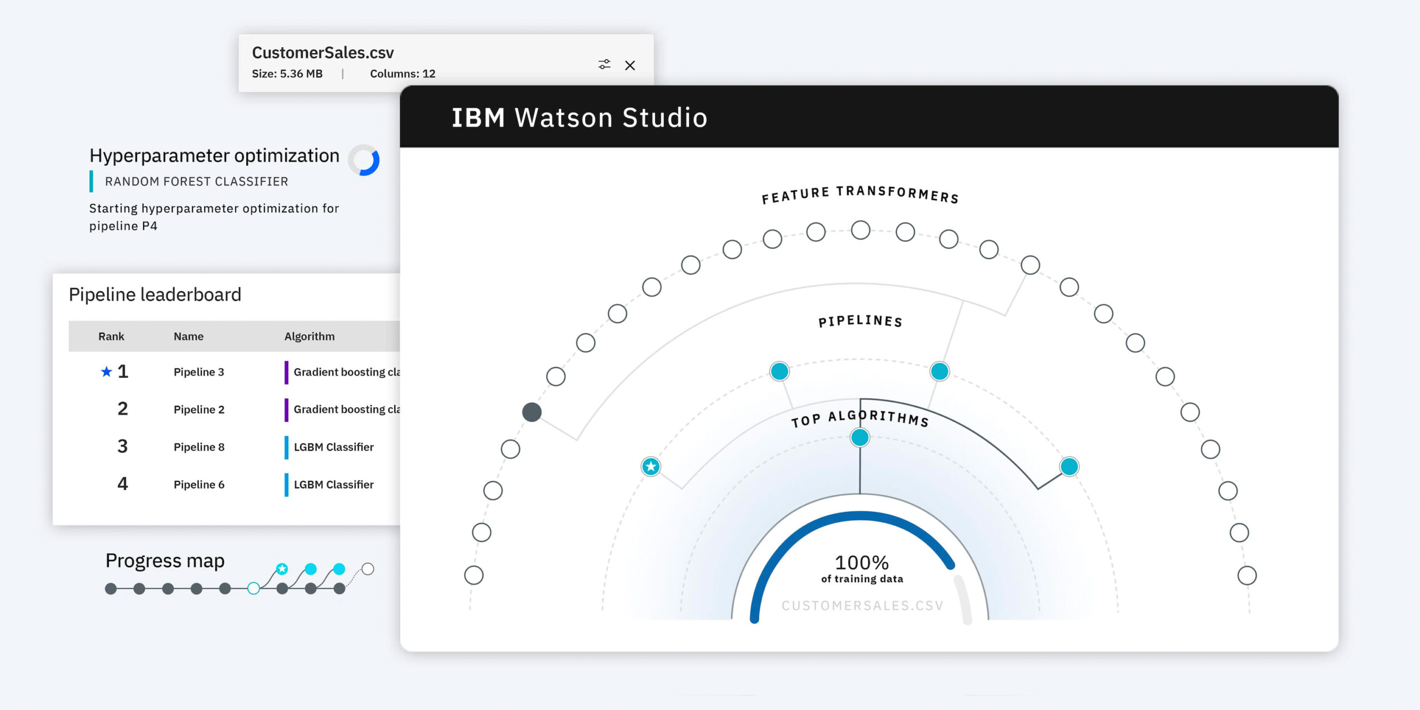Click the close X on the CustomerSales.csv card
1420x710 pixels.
point(630,65)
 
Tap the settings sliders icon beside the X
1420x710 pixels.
point(604,64)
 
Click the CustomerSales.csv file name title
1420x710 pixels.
point(323,53)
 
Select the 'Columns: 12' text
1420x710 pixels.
point(403,74)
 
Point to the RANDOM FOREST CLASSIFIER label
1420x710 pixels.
point(196,181)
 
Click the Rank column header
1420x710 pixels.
point(111,336)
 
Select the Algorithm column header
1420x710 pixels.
point(310,336)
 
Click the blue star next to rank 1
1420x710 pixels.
point(106,372)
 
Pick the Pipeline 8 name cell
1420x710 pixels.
point(199,447)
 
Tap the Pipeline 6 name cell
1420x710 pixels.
point(199,485)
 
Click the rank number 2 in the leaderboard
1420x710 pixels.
point(123,409)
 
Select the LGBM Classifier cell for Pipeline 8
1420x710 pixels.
point(333,447)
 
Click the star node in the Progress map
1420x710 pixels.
point(282,569)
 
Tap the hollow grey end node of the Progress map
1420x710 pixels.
point(368,569)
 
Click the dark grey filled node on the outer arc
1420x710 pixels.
point(532,412)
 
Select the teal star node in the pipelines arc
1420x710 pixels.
point(651,466)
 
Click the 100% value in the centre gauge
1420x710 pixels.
point(861,562)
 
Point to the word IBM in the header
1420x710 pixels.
point(478,118)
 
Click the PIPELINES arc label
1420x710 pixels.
point(860,321)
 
